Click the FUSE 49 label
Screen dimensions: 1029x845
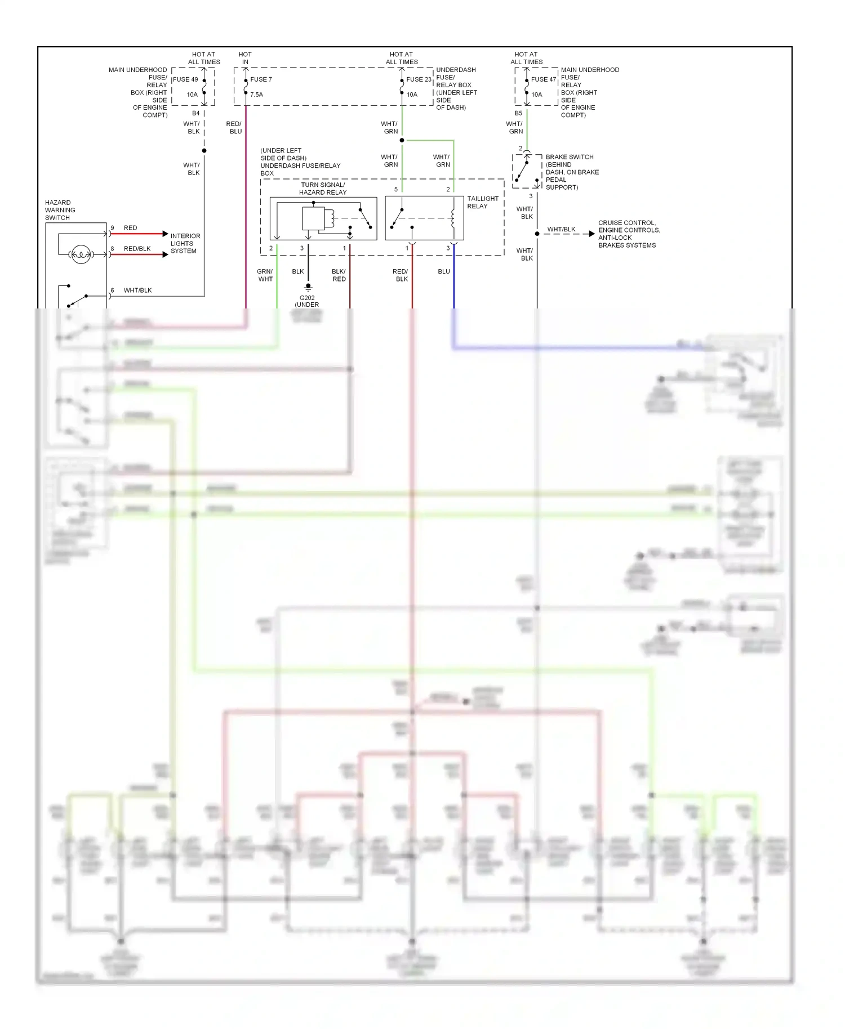click(x=185, y=79)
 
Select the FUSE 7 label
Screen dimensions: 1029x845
click(x=261, y=79)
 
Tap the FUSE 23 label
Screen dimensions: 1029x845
click(x=419, y=79)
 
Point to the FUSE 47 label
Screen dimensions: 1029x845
click(x=543, y=79)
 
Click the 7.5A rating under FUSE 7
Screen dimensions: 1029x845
click(x=256, y=95)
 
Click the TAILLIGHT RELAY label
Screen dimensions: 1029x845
click(x=482, y=202)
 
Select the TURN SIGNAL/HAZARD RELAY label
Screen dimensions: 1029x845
click(x=323, y=189)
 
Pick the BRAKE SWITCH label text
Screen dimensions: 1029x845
click(x=570, y=157)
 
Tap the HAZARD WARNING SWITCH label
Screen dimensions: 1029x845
click(x=60, y=210)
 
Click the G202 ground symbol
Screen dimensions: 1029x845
click(x=308, y=288)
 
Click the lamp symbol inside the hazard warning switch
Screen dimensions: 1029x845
click(x=81, y=254)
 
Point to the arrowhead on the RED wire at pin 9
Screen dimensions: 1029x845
click(x=165, y=234)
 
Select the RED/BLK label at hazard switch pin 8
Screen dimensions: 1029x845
click(x=137, y=248)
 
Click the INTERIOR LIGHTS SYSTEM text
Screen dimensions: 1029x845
click(x=185, y=243)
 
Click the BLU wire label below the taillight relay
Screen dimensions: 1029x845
click(x=444, y=271)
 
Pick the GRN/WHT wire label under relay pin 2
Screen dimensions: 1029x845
click(x=265, y=275)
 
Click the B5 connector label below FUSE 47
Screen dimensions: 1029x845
click(x=518, y=113)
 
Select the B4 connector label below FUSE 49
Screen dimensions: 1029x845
click(x=195, y=113)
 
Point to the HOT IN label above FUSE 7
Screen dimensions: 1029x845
click(x=245, y=58)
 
